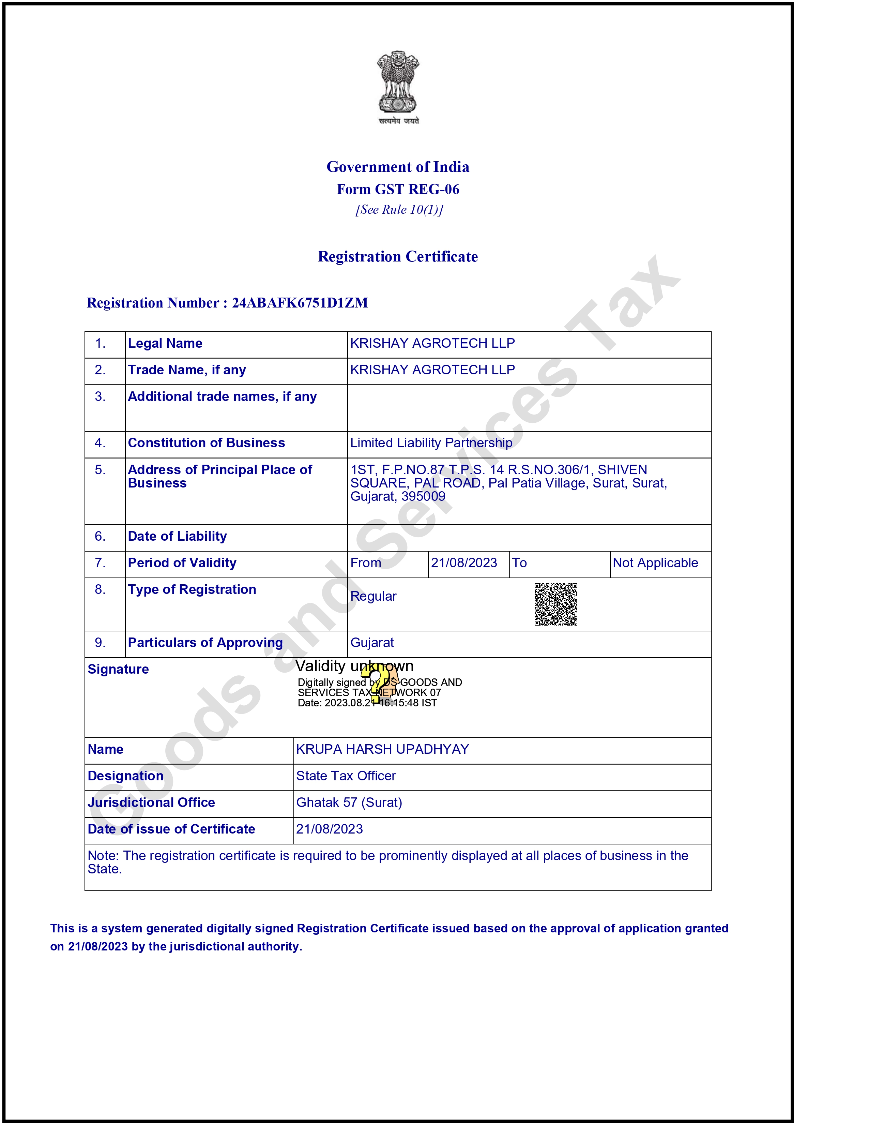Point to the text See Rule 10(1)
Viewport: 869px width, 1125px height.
(399, 210)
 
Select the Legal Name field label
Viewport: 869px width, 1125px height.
(165, 344)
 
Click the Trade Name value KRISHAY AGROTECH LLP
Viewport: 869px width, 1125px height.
(432, 370)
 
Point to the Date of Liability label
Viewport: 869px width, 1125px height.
(177, 536)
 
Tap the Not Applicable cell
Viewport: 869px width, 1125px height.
(655, 563)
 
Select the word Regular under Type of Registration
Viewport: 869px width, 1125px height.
(373, 597)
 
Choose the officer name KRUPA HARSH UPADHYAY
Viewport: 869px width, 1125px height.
(382, 749)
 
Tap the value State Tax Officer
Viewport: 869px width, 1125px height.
(346, 776)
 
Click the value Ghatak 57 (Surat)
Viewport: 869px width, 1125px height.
(349, 802)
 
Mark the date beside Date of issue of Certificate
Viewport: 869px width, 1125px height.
(330, 829)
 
